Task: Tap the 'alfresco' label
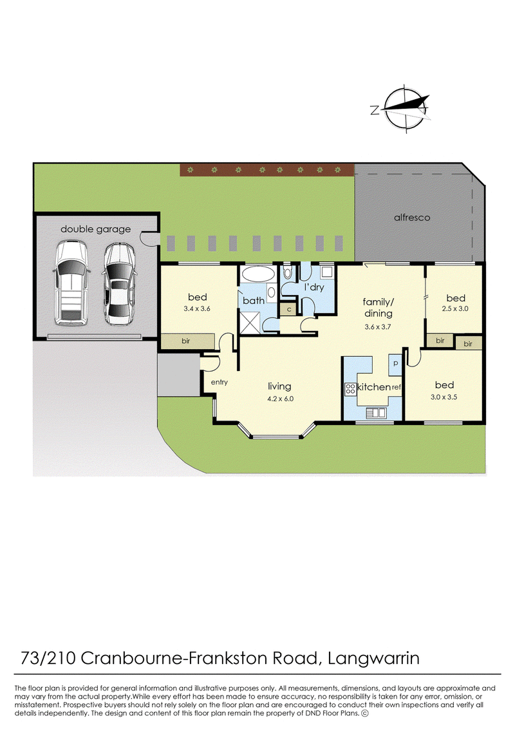coord(412,218)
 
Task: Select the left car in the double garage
coord(71,282)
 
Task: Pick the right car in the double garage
coord(119,283)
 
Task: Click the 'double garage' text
coord(96,229)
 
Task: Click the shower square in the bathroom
coord(250,323)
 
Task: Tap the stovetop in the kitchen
coord(350,389)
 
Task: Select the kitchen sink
coord(375,412)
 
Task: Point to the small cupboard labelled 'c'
coord(288,309)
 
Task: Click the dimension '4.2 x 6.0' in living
coord(280,399)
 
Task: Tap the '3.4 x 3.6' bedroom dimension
coord(197,308)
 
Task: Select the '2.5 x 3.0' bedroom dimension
coord(455,308)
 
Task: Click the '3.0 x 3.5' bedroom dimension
coord(444,397)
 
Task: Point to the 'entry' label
coord(220,382)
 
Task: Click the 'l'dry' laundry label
coord(314,287)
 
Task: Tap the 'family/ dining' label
coord(379,308)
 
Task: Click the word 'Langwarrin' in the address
coord(374,658)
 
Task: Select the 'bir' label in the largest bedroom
coord(186,341)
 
